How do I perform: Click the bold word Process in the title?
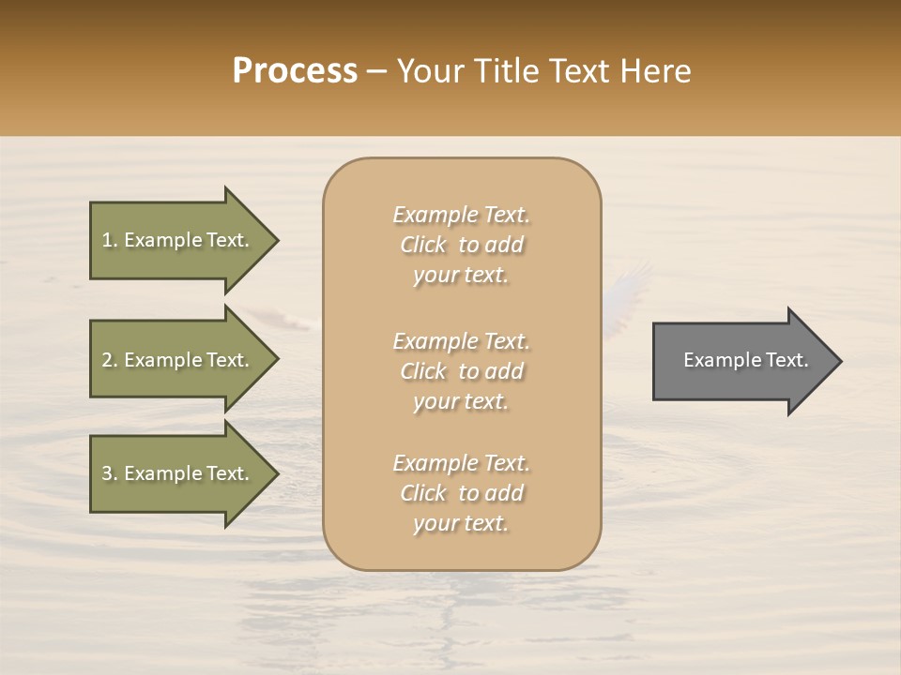(x=295, y=71)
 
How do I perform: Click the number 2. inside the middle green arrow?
(x=109, y=360)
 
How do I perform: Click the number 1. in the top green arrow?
(x=109, y=240)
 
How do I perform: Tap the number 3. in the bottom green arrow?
(x=109, y=473)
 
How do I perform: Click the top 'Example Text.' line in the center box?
(x=461, y=215)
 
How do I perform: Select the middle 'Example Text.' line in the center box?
(x=461, y=341)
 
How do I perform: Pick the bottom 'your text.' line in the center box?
(x=461, y=523)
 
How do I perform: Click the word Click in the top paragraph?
(x=423, y=245)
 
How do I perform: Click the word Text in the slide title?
(x=578, y=71)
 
